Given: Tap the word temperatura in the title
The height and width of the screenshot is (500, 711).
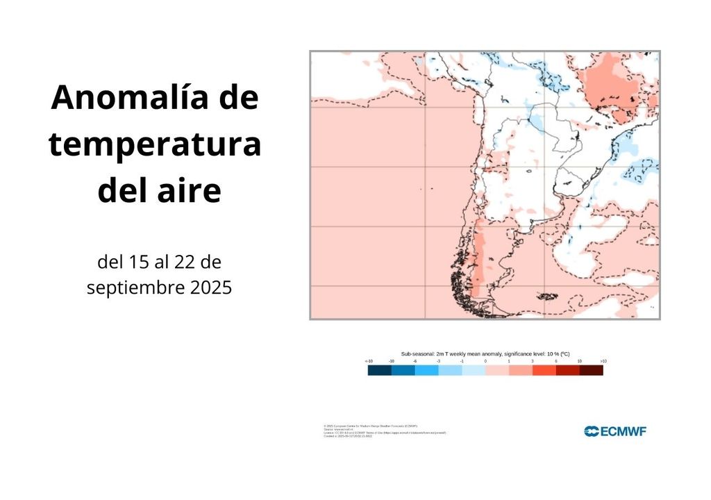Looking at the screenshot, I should [x=155, y=145].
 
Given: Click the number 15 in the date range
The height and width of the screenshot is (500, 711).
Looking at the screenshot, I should [x=137, y=262].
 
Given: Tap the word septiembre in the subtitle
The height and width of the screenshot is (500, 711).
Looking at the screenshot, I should [x=134, y=287].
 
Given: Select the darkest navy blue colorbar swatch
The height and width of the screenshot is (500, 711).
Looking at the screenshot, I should [x=379, y=371].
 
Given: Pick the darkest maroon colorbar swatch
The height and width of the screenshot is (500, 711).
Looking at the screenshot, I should [x=591, y=371].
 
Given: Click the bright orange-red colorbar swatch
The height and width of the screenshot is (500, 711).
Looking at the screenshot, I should [x=544, y=371].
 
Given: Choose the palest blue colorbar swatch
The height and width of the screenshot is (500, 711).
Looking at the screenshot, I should [x=474, y=371].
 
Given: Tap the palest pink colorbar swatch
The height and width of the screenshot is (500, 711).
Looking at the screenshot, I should [x=497, y=371].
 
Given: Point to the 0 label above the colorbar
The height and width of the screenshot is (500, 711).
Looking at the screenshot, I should [x=485, y=362].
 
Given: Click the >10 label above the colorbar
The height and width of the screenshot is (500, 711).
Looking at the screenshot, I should [x=603, y=362].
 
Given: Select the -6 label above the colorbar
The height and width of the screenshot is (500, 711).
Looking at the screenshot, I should [x=415, y=362].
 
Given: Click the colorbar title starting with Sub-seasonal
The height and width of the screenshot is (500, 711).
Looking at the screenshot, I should [x=485, y=353].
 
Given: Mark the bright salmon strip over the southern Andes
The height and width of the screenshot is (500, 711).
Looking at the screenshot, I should [x=478, y=257].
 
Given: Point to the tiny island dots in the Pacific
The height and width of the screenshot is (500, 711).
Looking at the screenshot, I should [x=425, y=187].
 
